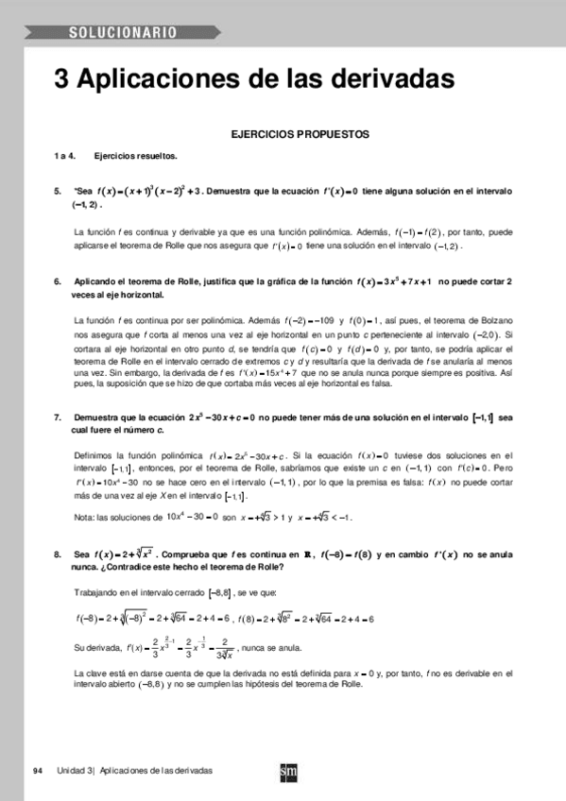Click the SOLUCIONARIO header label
coord(122,33)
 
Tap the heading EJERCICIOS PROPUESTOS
coord(300,135)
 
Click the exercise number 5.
coord(58,192)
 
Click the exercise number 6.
coord(58,281)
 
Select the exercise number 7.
coord(58,417)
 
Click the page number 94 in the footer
coord(38,771)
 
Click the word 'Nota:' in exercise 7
coord(85,517)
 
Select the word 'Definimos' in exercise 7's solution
coord(94,456)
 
